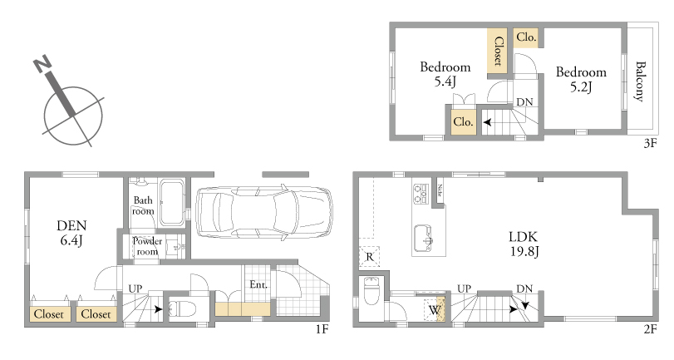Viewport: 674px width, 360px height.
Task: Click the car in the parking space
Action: [264, 212]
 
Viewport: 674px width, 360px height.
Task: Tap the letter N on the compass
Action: [43, 65]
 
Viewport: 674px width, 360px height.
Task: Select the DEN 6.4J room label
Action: [71, 233]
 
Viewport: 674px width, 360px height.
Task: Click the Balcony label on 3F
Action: [640, 81]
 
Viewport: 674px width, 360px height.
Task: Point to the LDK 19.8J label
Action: [524, 244]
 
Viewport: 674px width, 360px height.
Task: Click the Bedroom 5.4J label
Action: [445, 74]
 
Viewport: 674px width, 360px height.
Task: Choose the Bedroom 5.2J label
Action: [581, 79]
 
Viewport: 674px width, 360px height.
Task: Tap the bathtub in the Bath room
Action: [172, 202]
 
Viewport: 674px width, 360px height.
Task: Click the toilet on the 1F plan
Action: [181, 308]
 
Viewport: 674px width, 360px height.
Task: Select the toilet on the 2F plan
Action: [371, 290]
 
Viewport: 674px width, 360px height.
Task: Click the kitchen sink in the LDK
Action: [422, 239]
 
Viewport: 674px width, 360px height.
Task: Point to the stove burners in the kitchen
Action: [421, 194]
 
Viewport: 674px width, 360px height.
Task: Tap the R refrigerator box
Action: [370, 257]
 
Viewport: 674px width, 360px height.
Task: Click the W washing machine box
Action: [434, 309]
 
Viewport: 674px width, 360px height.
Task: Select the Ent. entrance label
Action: [258, 284]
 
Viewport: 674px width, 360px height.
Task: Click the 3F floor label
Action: [651, 143]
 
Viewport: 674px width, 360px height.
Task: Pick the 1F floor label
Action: [322, 329]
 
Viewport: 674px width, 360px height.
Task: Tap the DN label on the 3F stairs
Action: [524, 102]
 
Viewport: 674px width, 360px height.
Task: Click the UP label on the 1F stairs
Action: [135, 289]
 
